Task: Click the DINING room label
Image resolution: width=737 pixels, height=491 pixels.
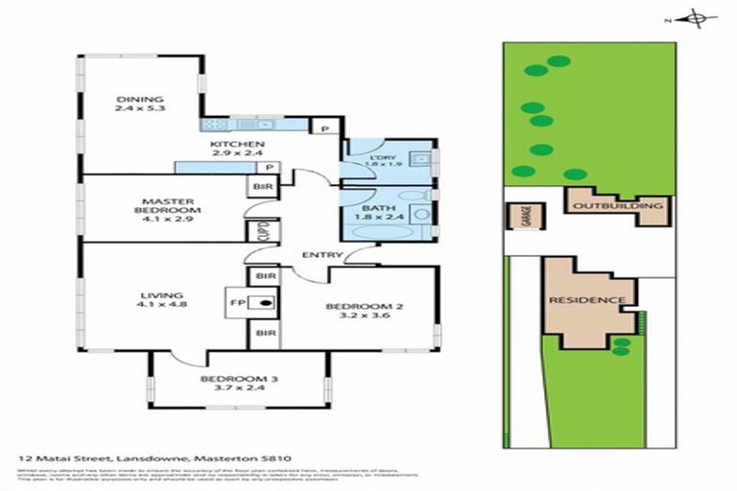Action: tap(140, 100)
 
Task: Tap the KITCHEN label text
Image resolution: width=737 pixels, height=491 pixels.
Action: tap(235, 146)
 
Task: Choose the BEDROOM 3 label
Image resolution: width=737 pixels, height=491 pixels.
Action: tap(238, 380)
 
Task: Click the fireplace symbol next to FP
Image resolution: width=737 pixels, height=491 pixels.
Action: tap(264, 303)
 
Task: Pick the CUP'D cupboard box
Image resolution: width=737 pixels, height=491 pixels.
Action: tap(261, 231)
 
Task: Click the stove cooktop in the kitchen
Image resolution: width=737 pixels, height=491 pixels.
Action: tap(214, 124)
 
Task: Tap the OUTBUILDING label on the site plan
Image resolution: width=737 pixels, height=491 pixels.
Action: tap(616, 206)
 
